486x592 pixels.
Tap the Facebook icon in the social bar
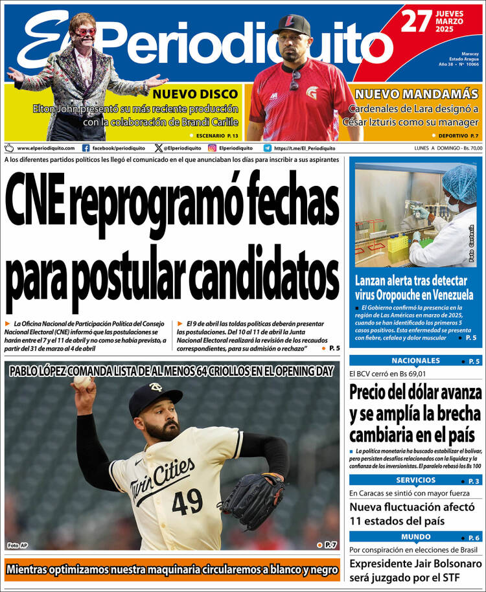(86, 148)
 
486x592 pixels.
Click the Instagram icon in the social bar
(212, 148)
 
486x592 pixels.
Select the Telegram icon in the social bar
(267, 148)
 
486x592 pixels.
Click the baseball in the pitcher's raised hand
(82, 382)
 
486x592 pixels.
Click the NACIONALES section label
(415, 361)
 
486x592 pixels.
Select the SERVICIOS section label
(415, 480)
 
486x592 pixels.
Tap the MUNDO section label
(415, 537)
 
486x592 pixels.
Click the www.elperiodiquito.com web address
(45, 148)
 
